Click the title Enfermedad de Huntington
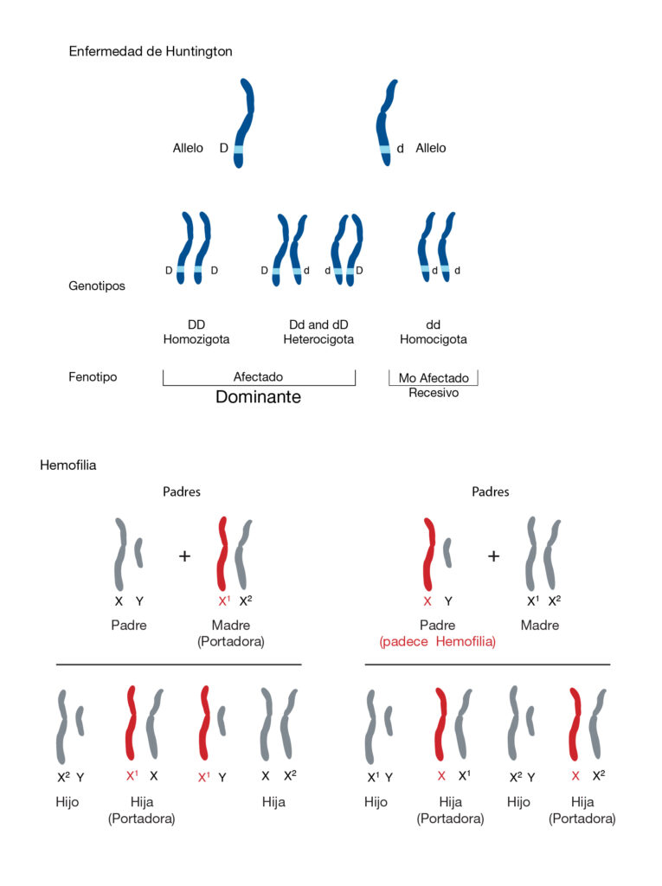pos(151,51)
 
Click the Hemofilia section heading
pos(67,465)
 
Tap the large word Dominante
pos(259,396)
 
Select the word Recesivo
pos(434,393)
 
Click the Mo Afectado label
pos(434,377)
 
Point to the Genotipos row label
pos(97,286)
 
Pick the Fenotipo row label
pos(93,377)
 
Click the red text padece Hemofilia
pos(438,641)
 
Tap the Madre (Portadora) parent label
pos(231,632)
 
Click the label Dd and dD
pos(318,325)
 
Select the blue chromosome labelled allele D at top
pos(244,123)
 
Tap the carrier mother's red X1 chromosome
pos(222,554)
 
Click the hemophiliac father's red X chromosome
pos(429,554)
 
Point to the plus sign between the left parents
pos(184,556)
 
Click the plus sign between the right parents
pos(493,556)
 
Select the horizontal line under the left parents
pos(178,664)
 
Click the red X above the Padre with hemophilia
pos(427,601)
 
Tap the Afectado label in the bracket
pos(259,377)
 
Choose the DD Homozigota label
pos(196,332)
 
